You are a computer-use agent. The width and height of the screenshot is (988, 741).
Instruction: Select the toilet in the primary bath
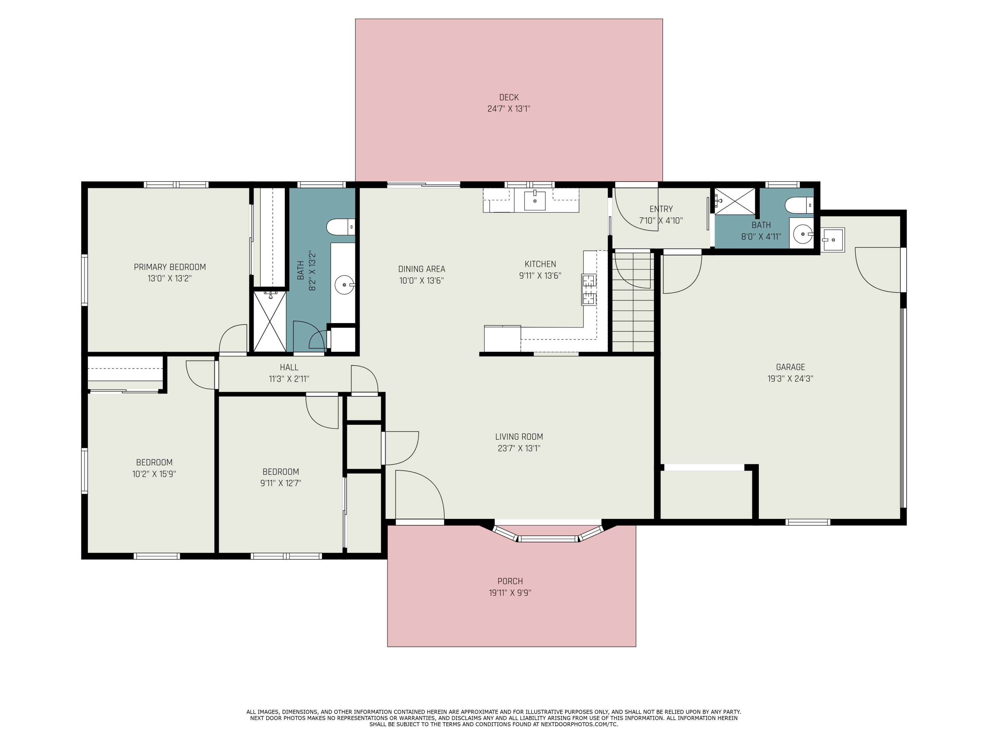tap(340, 227)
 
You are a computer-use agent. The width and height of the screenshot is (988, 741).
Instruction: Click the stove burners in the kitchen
tap(589, 290)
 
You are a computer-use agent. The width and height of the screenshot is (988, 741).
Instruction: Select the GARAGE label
tap(790, 367)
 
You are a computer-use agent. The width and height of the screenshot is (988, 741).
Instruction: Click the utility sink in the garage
tap(832, 240)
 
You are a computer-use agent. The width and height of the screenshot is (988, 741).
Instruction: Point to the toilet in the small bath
tap(798, 205)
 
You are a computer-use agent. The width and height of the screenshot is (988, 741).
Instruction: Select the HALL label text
tap(289, 367)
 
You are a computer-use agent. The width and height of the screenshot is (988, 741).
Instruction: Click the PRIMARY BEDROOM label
tap(170, 267)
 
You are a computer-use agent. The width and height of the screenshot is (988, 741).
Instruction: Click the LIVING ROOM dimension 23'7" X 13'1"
tap(519, 449)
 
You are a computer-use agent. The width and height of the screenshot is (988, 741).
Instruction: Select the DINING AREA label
tap(421, 269)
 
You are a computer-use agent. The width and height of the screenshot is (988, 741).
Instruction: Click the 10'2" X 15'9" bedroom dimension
tap(154, 474)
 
